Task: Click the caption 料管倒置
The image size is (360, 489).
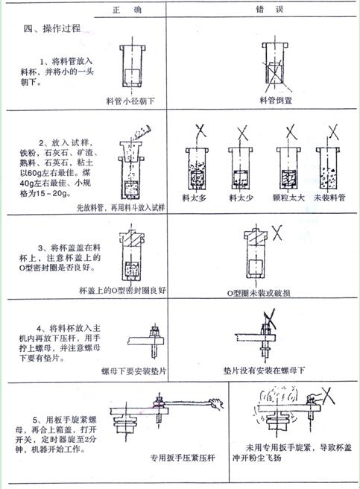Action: click(x=275, y=99)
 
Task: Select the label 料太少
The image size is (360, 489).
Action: click(x=241, y=199)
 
